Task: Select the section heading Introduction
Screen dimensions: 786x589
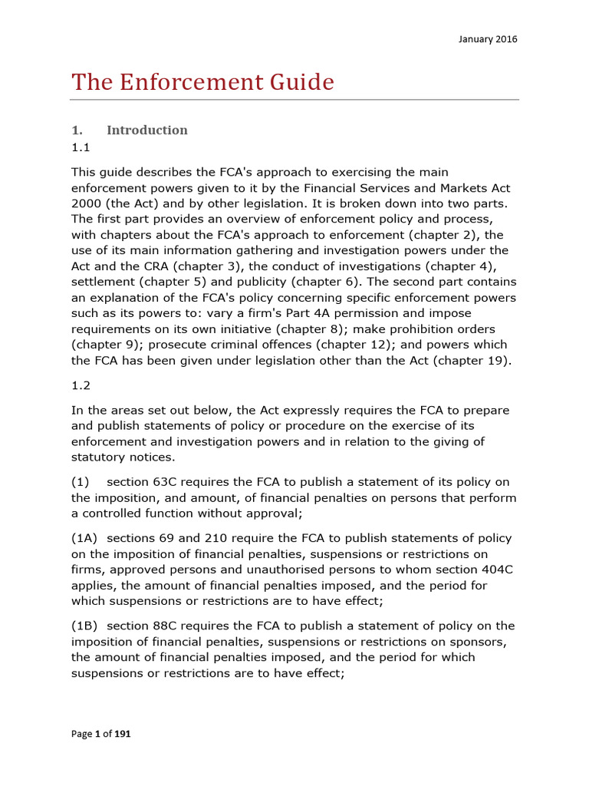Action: [x=146, y=130]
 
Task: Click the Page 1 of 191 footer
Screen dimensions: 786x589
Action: [x=100, y=735]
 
